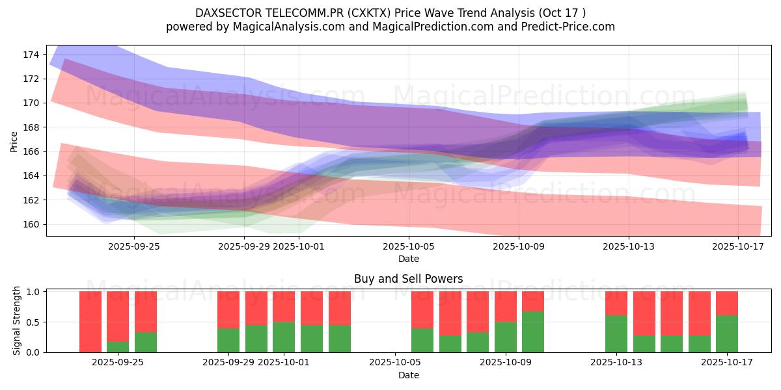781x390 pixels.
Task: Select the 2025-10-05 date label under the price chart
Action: pos(409,246)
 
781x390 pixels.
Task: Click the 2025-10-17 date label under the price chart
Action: pos(738,246)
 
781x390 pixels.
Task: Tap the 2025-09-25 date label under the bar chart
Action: pos(118,363)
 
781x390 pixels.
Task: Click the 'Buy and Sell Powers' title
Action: pos(409,279)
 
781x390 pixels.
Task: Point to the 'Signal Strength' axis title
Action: pos(17,320)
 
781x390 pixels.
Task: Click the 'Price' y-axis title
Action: pos(14,140)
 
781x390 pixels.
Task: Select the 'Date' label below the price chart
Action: pos(409,259)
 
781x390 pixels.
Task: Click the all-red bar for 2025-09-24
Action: pos(90,322)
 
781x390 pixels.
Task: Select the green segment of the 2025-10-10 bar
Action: pos(533,332)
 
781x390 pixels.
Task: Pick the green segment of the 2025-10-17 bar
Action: pos(727,334)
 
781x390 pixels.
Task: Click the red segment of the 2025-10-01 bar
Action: pos(284,307)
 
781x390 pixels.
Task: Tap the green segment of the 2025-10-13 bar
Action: pos(616,334)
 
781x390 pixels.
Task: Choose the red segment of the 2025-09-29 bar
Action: pos(228,309)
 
